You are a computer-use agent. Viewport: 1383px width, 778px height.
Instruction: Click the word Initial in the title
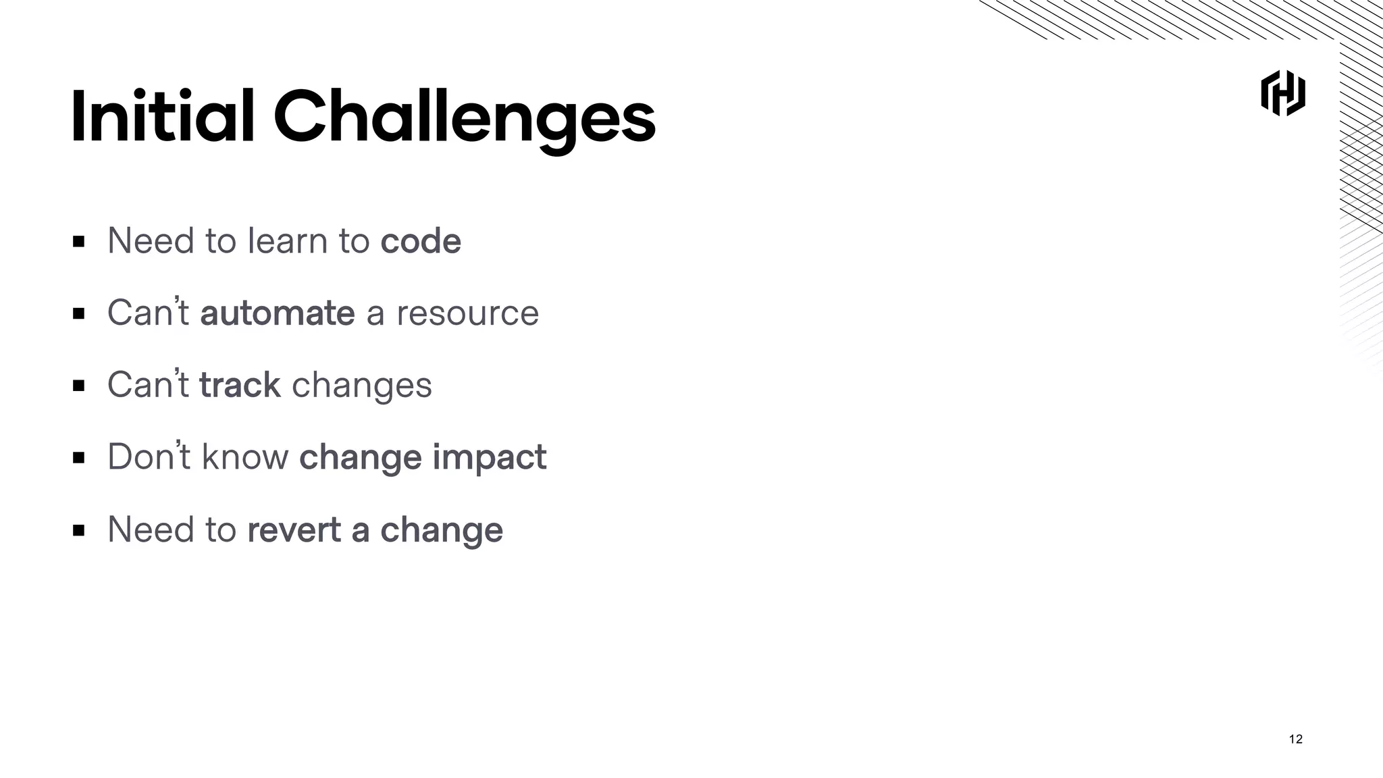[x=162, y=117]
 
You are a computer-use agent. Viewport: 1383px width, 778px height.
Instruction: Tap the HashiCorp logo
[x=1282, y=93]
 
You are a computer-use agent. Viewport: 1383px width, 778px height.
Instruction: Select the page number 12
[x=1295, y=739]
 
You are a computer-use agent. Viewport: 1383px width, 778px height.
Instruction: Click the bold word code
[x=420, y=241]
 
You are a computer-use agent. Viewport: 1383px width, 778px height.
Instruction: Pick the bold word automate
[x=277, y=313]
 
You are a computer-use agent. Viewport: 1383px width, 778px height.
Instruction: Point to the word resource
[x=467, y=313]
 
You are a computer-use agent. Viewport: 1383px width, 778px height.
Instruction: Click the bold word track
[x=240, y=385]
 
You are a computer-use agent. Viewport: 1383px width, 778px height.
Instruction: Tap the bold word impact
[x=489, y=457]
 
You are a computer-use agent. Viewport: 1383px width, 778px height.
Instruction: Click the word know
[x=245, y=457]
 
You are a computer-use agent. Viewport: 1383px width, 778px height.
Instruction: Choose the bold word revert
[x=294, y=529]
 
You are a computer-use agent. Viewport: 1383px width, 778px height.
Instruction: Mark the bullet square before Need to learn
[x=79, y=241]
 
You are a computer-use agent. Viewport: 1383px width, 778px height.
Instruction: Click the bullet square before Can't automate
[x=79, y=313]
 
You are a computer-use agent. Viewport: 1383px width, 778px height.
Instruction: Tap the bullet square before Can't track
[x=79, y=386]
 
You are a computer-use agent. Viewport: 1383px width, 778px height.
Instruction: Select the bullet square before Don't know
[x=79, y=458]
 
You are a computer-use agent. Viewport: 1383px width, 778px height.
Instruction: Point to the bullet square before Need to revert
[x=79, y=530]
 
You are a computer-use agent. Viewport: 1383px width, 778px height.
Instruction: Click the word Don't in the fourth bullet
[x=148, y=457]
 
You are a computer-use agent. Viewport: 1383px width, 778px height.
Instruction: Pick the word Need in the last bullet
[x=151, y=529]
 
